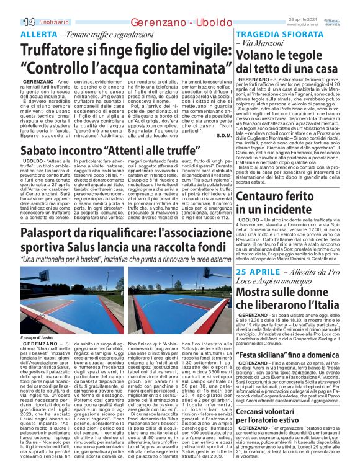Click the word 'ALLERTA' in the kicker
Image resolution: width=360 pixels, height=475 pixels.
pos(38,33)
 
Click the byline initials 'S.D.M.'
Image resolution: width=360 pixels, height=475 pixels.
pos(224,136)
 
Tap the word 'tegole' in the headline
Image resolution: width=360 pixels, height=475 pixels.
pos(319,55)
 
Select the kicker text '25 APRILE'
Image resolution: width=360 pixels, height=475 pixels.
pos(254,273)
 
